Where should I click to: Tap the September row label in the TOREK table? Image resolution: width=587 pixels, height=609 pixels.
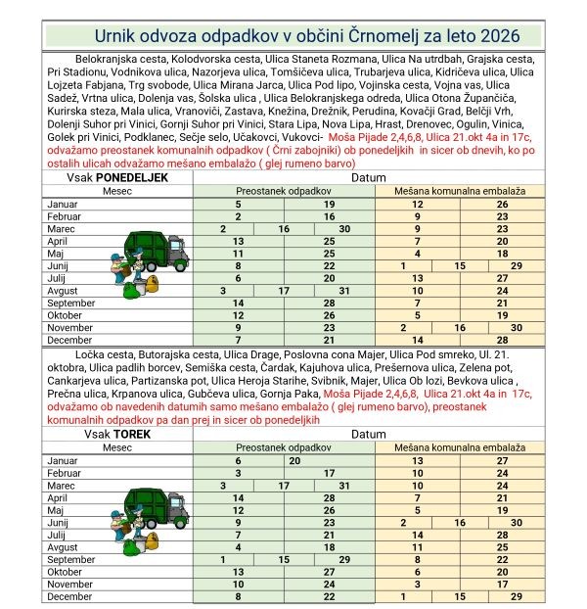coord(69,559)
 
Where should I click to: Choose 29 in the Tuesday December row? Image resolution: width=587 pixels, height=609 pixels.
coord(517,595)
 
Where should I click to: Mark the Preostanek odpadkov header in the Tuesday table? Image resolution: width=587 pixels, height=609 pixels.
coord(284,445)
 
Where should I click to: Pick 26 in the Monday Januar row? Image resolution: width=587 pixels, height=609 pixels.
coord(502,203)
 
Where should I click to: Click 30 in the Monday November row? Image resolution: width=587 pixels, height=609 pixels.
coord(516,328)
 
